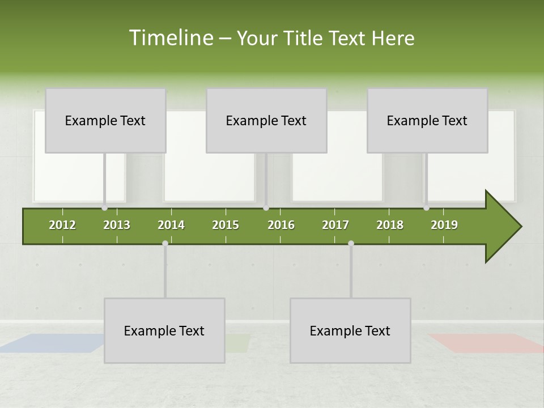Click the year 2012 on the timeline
click(x=62, y=225)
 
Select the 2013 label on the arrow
click(x=117, y=225)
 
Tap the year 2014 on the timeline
click(x=171, y=225)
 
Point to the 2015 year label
click(x=226, y=225)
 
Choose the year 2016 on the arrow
click(x=281, y=225)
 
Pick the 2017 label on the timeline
click(x=335, y=225)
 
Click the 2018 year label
click(x=390, y=225)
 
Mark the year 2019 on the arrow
click(x=444, y=225)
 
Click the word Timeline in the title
click(x=169, y=38)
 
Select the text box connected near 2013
click(x=105, y=120)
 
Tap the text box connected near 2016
click(x=266, y=120)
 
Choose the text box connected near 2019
click(x=427, y=120)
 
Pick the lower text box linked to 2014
click(x=164, y=330)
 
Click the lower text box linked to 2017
click(x=350, y=330)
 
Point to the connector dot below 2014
click(x=165, y=243)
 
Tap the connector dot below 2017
click(x=351, y=243)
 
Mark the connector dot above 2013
click(x=105, y=208)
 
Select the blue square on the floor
click(x=54, y=343)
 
